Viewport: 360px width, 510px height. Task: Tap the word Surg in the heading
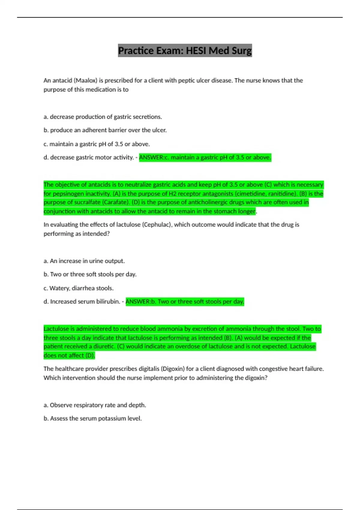(x=241, y=51)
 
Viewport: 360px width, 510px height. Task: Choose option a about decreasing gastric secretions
(x=103, y=117)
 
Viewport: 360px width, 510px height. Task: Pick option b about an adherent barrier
(x=105, y=130)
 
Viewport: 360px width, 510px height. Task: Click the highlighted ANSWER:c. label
(x=154, y=157)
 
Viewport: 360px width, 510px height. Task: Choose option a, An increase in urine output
(x=84, y=261)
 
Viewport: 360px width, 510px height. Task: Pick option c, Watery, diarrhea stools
(x=78, y=288)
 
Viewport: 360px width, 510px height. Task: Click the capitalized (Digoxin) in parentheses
(x=172, y=369)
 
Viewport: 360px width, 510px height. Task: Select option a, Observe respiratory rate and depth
(x=95, y=405)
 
